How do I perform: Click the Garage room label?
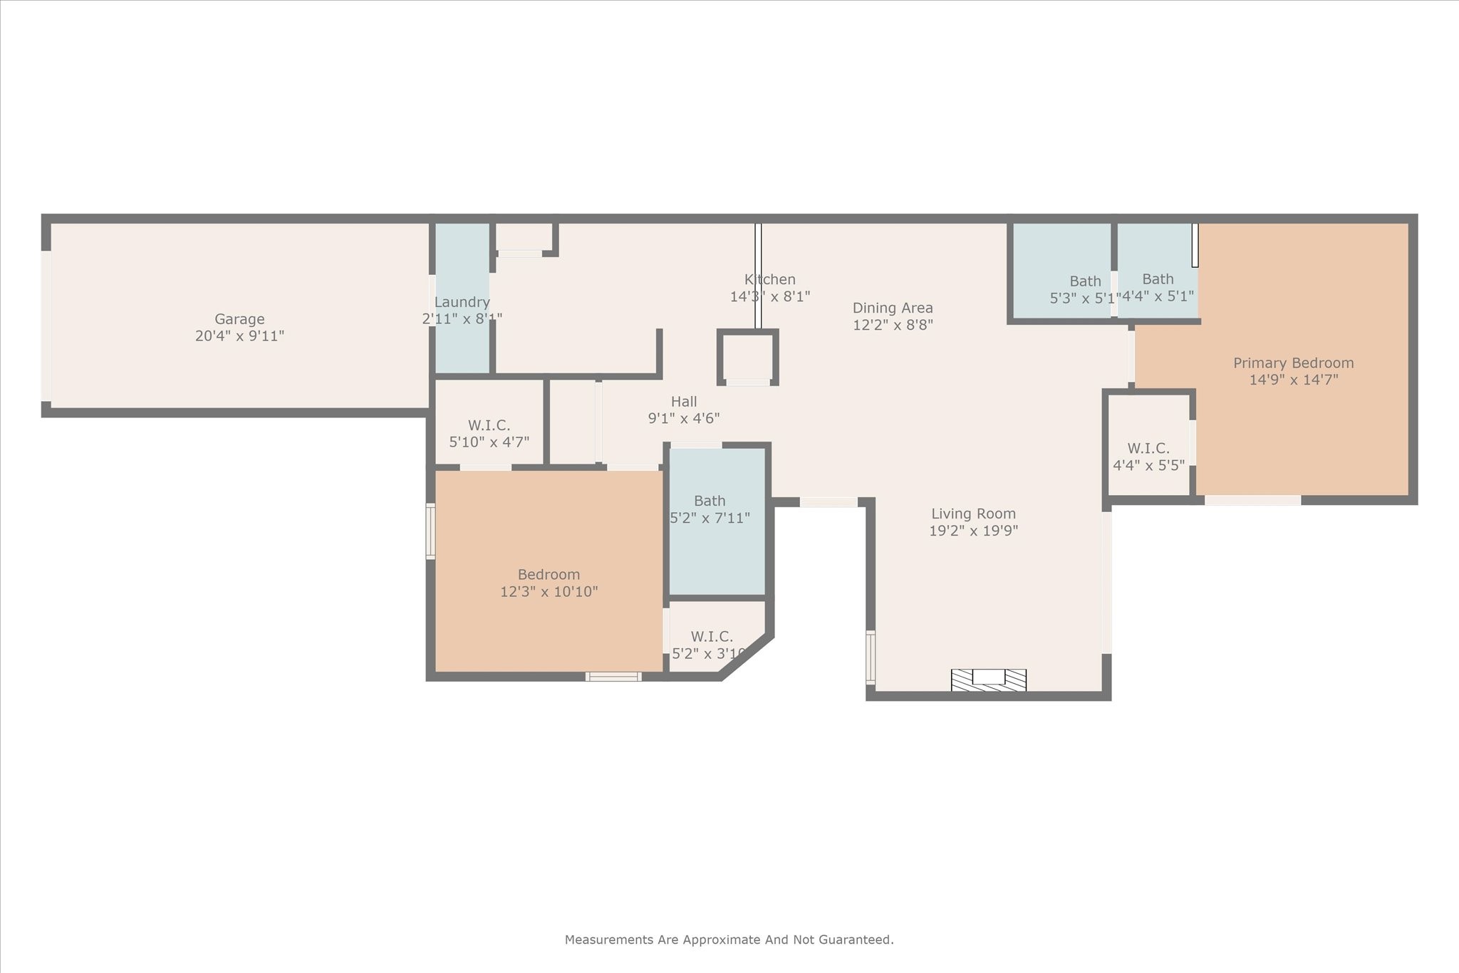pos(239,319)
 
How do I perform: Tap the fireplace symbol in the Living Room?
pos(988,680)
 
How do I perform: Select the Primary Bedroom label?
pos(1293,363)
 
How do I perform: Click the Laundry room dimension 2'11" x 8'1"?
pos(462,319)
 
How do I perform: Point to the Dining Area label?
pos(892,308)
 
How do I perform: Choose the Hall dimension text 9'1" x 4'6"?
pos(683,419)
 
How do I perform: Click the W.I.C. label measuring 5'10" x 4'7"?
pos(489,425)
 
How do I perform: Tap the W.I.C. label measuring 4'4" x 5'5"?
pos(1148,449)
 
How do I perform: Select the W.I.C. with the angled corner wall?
pos(711,637)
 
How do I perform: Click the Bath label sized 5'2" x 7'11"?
pos(710,501)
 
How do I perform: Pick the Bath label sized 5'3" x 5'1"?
pos(1085,281)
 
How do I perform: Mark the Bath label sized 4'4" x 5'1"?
pos(1158,279)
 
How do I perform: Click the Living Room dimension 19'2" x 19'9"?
pos(973,531)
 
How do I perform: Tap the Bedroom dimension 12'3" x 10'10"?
pos(549,592)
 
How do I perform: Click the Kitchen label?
pos(769,279)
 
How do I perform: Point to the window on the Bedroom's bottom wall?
pos(613,676)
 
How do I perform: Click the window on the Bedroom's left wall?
pos(430,531)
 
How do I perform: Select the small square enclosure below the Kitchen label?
pos(747,357)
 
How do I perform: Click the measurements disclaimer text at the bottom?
pos(729,940)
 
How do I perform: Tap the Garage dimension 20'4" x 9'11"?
pos(239,336)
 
